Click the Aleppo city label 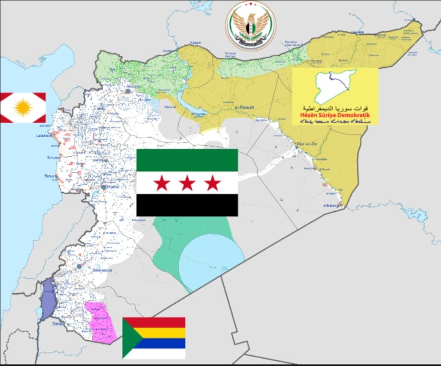[130, 87]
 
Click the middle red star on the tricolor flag [187, 184]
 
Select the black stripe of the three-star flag [187, 205]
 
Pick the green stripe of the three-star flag [187, 160]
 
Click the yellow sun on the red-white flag [23, 108]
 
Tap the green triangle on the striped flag [131, 338]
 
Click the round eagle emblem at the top [250, 26]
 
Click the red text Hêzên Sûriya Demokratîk [334, 115]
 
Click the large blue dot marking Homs [104, 186]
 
